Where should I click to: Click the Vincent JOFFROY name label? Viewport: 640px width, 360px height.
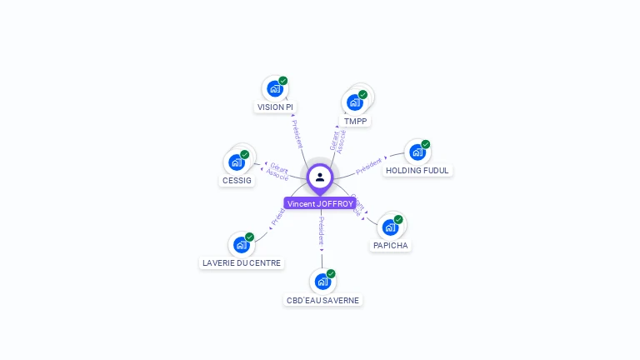coord(320,203)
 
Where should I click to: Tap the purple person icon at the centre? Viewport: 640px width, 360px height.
coord(320,177)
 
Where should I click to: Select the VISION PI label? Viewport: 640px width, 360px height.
coord(275,107)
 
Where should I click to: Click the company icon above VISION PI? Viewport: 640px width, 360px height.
coord(274,87)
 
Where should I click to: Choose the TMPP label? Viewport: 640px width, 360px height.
coord(356,121)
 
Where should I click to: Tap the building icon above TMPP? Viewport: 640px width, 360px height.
coord(355,102)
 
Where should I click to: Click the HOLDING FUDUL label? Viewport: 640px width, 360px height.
coord(417,170)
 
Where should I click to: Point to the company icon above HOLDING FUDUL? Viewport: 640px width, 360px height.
coord(417,152)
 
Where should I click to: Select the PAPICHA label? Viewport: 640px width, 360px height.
coord(391,246)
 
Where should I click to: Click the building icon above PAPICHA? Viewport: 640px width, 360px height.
coord(390,227)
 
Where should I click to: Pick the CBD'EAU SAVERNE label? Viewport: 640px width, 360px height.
coord(323,300)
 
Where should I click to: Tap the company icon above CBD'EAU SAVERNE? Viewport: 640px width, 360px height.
coord(322,281)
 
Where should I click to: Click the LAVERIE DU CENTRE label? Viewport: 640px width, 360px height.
coord(242,263)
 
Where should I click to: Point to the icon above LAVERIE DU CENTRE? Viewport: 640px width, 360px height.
coord(241,244)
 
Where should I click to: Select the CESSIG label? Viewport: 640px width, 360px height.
coord(237,180)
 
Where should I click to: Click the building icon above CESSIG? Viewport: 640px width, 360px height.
coord(236,162)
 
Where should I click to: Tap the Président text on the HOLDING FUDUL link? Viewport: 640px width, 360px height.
coord(369,165)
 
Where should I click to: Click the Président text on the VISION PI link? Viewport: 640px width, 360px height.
coord(297,133)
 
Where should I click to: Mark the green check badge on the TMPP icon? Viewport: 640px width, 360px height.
coord(363,94)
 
